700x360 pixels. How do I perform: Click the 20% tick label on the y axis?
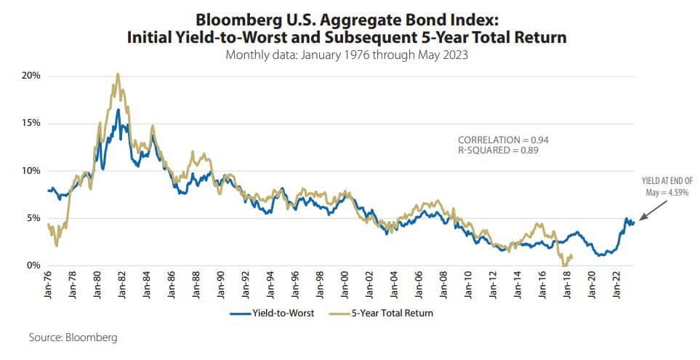30,76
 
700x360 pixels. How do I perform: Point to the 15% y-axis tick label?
30,123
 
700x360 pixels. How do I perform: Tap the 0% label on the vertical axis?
33,265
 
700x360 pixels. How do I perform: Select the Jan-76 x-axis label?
49,284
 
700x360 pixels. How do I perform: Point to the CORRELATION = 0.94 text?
499,139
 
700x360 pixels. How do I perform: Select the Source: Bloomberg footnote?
73,338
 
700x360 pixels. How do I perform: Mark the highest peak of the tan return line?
117,73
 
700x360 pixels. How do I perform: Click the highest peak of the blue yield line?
118,109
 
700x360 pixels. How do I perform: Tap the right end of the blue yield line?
635,222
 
